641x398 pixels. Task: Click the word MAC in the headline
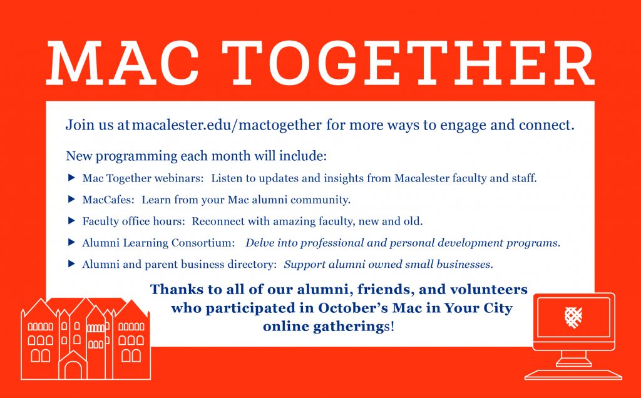pos(123,63)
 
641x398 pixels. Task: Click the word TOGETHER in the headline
pos(408,63)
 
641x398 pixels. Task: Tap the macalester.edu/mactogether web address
pos(227,125)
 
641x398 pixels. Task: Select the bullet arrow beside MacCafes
pos(71,199)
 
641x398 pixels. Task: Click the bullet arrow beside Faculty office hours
pos(71,221)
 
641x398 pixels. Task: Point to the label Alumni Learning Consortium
pos(158,243)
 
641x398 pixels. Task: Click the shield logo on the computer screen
pos(573,317)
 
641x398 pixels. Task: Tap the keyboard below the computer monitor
pos(573,374)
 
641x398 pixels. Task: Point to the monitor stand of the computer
pos(573,359)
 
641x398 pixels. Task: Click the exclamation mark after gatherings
pos(392,327)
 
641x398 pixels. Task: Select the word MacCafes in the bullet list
pos(108,200)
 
